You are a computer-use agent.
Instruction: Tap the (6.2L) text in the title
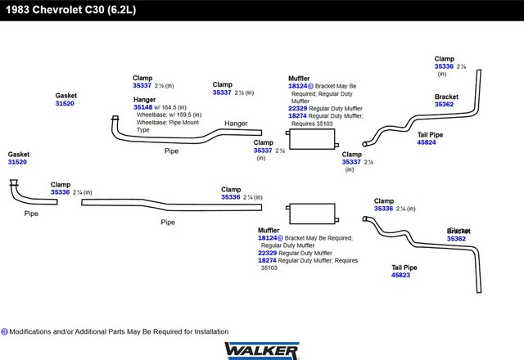point(120,10)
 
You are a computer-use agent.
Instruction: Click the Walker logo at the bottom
point(261,349)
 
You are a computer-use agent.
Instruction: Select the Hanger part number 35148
point(143,107)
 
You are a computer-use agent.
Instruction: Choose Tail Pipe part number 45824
point(427,142)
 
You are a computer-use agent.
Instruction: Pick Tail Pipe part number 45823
point(400,275)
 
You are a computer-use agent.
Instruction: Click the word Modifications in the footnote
point(34,331)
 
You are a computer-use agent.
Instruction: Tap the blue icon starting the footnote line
point(4,331)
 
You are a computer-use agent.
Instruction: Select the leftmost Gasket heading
point(18,154)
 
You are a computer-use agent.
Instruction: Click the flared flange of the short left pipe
point(13,185)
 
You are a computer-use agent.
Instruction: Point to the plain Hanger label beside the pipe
point(236,124)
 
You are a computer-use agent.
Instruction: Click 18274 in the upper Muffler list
point(297,116)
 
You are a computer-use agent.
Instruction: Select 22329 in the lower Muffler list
point(267,253)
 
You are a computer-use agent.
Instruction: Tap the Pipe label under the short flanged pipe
point(31,214)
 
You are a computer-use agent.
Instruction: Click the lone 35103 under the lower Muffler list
point(269,268)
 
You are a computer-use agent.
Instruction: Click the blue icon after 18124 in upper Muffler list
point(310,86)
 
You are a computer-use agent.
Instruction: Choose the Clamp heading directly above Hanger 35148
point(142,78)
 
